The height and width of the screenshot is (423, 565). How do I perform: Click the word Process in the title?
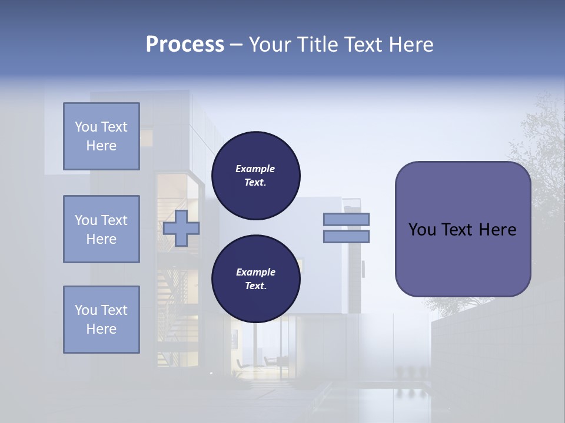(x=185, y=45)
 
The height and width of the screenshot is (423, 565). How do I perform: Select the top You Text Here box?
(x=101, y=136)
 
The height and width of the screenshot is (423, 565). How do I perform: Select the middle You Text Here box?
(x=101, y=229)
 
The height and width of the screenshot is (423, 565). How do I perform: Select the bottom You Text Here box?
(x=101, y=320)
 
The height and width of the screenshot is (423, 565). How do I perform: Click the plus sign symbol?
(x=181, y=228)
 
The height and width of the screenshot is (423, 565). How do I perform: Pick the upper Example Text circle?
(x=255, y=176)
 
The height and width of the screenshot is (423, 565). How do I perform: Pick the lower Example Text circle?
(x=255, y=279)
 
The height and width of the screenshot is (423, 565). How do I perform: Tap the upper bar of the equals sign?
(x=346, y=219)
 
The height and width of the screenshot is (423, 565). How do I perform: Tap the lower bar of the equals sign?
(x=346, y=236)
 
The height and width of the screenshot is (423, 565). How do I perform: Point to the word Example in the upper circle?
(x=255, y=169)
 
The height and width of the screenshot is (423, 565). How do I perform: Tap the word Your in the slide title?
(x=268, y=45)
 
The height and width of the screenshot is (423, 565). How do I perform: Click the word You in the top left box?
(x=86, y=127)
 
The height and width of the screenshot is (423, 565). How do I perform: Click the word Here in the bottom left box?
(x=101, y=329)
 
